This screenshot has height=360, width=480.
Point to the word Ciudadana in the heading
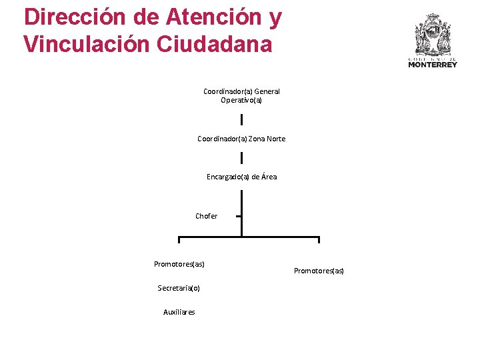click(x=215, y=44)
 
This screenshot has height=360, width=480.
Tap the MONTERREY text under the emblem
click(x=433, y=65)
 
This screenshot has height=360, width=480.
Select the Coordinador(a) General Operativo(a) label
click(x=241, y=95)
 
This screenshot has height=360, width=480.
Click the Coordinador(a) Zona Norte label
click(x=241, y=139)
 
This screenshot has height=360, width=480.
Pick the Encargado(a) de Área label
click(x=241, y=177)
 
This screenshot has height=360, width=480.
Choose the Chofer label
click(x=206, y=216)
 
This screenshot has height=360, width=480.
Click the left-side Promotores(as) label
click(x=179, y=264)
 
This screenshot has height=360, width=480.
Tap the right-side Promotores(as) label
click(x=319, y=271)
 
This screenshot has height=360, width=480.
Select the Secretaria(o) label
click(x=179, y=288)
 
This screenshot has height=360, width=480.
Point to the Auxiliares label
click(x=179, y=312)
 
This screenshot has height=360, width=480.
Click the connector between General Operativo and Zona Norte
click(x=241, y=119)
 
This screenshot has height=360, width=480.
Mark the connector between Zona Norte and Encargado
click(x=241, y=158)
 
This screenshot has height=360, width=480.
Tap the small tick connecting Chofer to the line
click(x=238, y=216)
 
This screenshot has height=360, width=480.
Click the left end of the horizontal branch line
click(x=179, y=238)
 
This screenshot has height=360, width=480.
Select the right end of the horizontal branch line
click(x=319, y=238)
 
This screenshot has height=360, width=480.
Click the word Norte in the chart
click(x=276, y=139)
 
